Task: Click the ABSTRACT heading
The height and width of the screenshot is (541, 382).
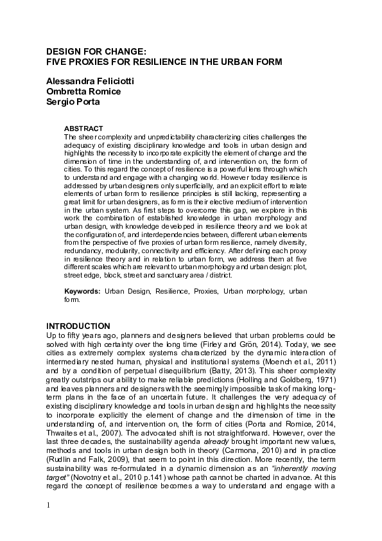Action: [83, 129]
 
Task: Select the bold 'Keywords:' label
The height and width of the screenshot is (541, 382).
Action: [82, 291]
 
